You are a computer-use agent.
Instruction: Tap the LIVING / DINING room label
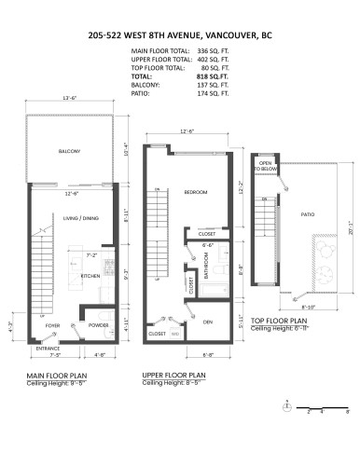(81, 217)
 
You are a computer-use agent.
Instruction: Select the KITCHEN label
(90, 277)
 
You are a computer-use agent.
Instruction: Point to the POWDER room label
(98, 325)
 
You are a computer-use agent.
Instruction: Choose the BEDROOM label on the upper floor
(194, 191)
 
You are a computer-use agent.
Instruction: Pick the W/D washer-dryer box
(173, 333)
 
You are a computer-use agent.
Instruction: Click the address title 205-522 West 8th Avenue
(179, 34)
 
